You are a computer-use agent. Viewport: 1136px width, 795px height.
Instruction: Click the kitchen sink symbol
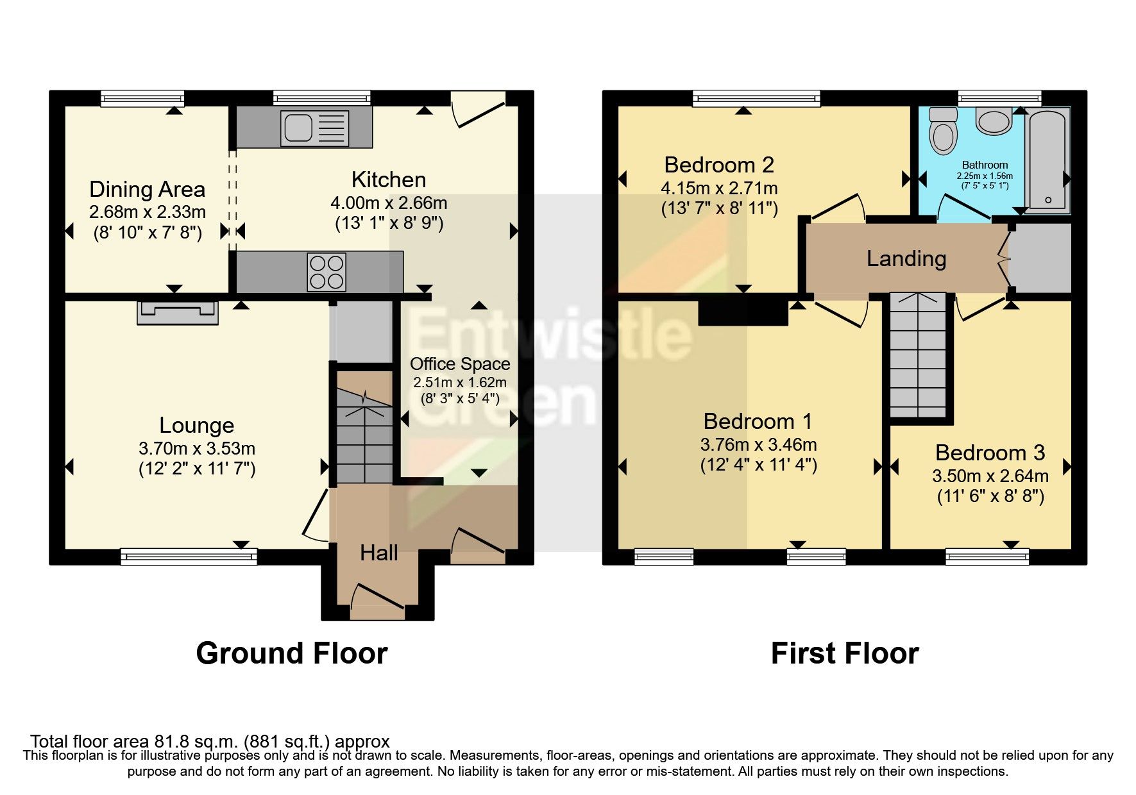pos(314,128)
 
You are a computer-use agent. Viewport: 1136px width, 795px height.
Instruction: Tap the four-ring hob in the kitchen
pos(326,272)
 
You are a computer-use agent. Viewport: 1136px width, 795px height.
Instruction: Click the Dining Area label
pos(147,189)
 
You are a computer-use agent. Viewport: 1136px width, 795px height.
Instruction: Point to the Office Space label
pos(460,364)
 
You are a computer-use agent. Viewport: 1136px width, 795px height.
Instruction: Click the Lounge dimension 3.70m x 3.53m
pos(197,448)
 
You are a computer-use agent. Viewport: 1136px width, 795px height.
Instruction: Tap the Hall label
pos(378,553)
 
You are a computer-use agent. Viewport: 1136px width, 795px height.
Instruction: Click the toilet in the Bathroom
pos(943,131)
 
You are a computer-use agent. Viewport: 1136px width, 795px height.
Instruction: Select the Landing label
pos(906,258)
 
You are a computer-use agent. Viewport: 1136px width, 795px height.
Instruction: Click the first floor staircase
pos(919,356)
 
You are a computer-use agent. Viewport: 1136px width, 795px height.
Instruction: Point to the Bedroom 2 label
pos(719,165)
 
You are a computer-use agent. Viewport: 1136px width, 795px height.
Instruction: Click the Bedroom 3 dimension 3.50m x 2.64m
pos(990,476)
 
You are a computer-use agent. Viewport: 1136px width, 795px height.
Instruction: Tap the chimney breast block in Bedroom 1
pos(743,312)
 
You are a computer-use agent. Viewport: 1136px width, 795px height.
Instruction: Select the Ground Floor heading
pos(292,653)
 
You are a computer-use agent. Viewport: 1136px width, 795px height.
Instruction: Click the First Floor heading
pos(845,653)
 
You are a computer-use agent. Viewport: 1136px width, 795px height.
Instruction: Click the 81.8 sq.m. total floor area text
pos(210,742)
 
